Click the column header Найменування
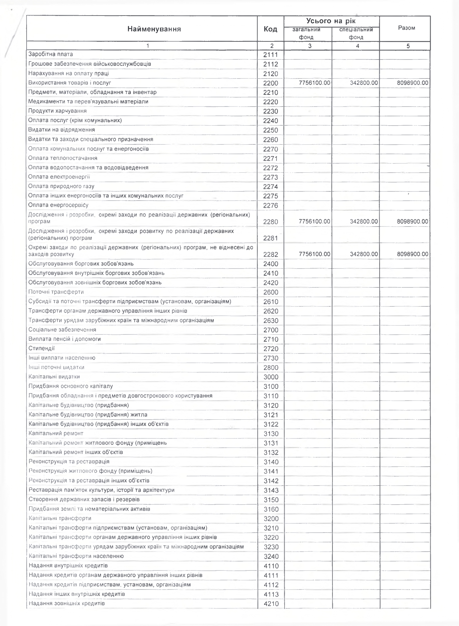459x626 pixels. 154,29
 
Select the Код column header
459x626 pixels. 270,29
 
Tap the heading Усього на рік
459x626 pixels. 331,21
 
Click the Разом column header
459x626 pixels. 407,28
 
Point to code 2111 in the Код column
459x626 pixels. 271,55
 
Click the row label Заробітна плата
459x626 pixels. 51,54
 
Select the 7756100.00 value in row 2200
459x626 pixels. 314,83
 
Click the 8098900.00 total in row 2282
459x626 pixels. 413,254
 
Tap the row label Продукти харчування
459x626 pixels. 57,111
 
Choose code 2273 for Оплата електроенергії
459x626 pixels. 271,177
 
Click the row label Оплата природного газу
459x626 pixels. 61,186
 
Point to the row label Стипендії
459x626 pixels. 41,348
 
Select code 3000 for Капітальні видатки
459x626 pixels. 271,377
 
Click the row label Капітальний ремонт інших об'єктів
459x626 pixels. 76,452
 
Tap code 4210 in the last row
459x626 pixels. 271,604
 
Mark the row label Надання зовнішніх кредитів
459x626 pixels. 67,603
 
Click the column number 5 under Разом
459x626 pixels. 408,46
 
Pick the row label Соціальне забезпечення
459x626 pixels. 62,329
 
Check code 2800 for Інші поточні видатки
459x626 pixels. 271,368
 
